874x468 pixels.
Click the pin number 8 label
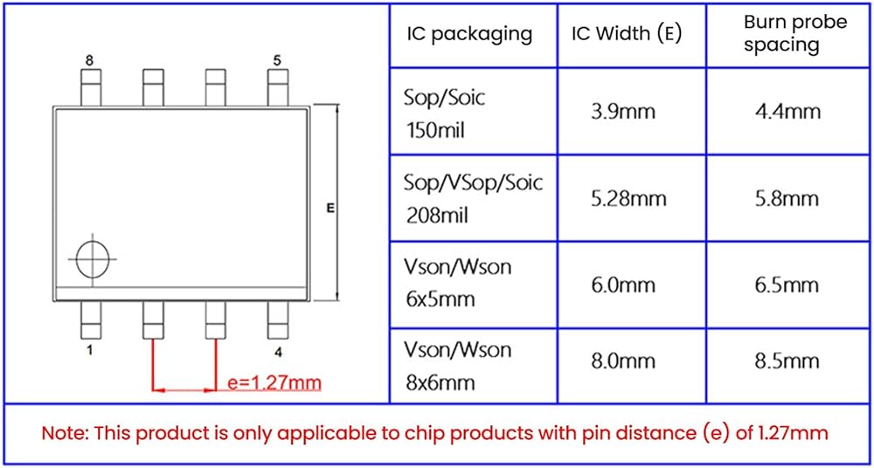pyautogui.click(x=88, y=60)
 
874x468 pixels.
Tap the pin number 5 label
pyautogui.click(x=277, y=60)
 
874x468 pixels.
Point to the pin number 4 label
pyautogui.click(x=278, y=352)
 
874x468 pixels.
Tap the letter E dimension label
pyautogui.click(x=330, y=208)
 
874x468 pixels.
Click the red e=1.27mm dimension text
pyautogui.click(x=273, y=382)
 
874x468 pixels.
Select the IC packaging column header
pyautogui.click(x=469, y=34)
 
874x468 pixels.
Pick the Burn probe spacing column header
pyautogui.click(x=795, y=34)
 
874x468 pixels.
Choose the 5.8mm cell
pyautogui.click(x=787, y=198)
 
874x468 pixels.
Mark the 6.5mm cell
pyautogui.click(x=787, y=285)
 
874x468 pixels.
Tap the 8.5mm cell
pyautogui.click(x=787, y=361)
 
